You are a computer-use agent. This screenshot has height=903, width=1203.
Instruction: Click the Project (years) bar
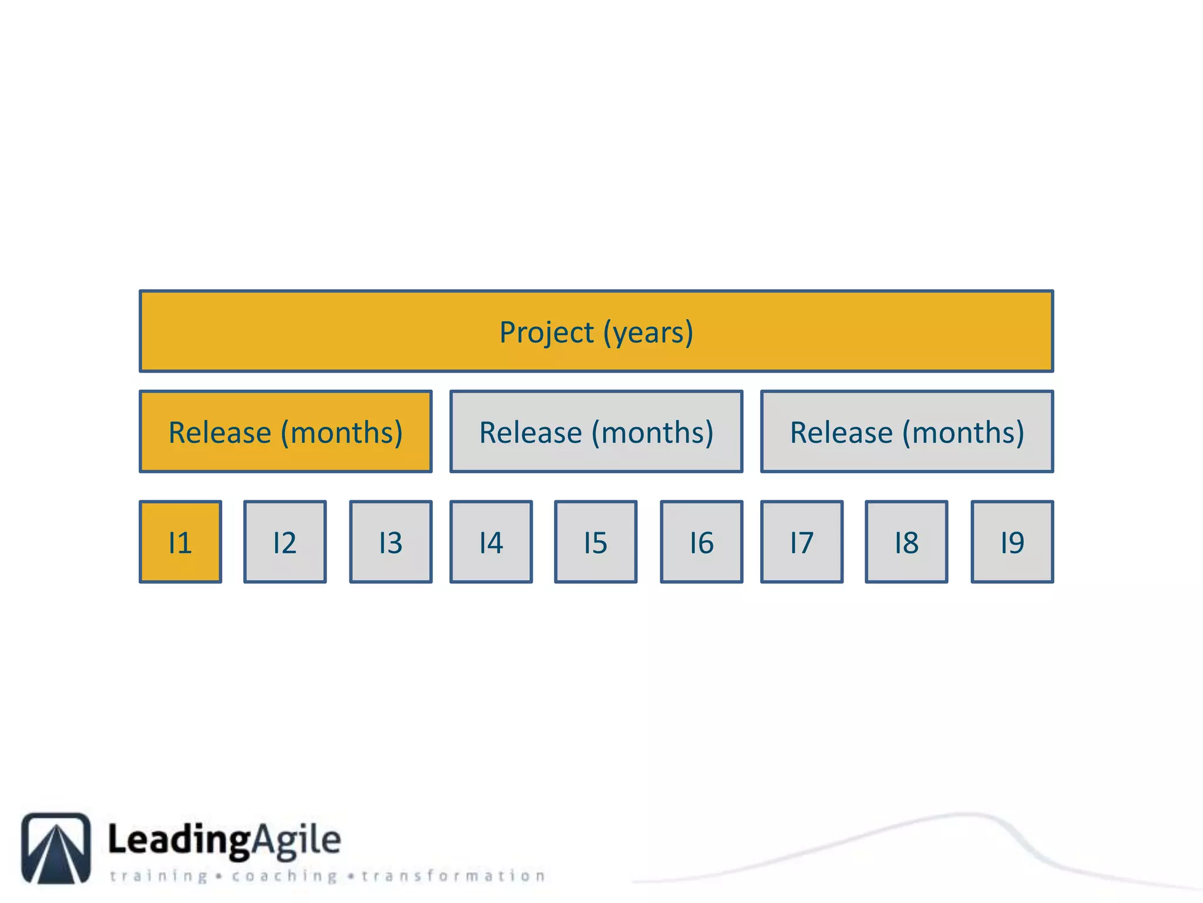pyautogui.click(x=596, y=331)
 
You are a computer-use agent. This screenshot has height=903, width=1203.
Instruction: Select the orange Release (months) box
pyautogui.click(x=285, y=432)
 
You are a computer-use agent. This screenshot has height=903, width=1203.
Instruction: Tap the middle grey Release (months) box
pyautogui.click(x=596, y=432)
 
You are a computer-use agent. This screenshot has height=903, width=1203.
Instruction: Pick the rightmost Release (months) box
pyautogui.click(x=907, y=432)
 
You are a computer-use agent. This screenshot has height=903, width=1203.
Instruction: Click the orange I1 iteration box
pyautogui.click(x=180, y=542)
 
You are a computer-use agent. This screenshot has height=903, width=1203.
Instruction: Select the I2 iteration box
pyautogui.click(x=285, y=542)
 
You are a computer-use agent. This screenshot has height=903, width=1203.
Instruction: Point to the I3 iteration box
pyautogui.click(x=391, y=542)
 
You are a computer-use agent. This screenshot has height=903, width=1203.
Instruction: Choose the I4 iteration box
pyautogui.click(x=491, y=542)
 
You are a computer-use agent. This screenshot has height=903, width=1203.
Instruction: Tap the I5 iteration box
pyautogui.click(x=596, y=542)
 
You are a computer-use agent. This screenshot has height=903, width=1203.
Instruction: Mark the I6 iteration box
pyautogui.click(x=701, y=542)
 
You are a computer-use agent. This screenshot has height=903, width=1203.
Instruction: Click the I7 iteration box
pyautogui.click(x=802, y=542)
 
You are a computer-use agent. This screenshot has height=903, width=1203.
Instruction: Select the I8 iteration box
pyautogui.click(x=906, y=542)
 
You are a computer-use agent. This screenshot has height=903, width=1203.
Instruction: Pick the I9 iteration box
pyautogui.click(x=1012, y=542)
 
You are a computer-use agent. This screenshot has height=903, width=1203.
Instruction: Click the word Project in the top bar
pyautogui.click(x=546, y=333)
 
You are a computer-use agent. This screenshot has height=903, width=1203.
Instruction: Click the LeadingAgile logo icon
pyautogui.click(x=56, y=848)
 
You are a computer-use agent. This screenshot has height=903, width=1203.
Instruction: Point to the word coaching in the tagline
pyautogui.click(x=284, y=876)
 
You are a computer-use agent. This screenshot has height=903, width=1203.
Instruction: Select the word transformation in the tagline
pyautogui.click(x=453, y=876)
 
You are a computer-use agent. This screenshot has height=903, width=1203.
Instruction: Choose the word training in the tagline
pyautogui.click(x=159, y=876)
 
